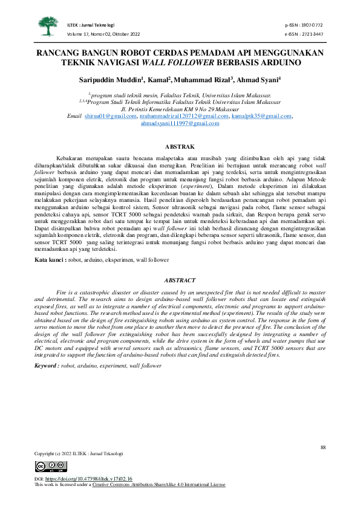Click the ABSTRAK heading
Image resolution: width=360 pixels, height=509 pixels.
[180, 147]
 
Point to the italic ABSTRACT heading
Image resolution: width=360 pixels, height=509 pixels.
[180, 280]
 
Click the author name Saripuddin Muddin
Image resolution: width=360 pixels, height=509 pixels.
[111, 80]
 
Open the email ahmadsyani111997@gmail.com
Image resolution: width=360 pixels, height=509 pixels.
[180, 123]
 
